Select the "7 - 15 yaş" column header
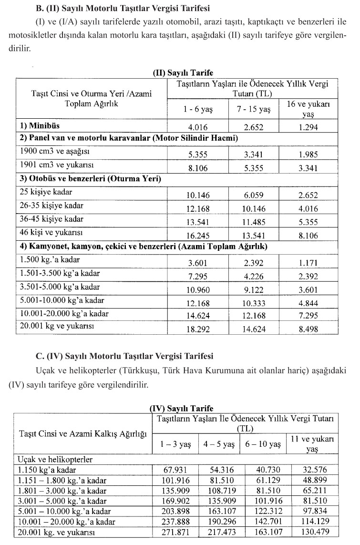point(254,110)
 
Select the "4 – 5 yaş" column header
point(218,444)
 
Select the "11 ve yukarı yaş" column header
point(312,443)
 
